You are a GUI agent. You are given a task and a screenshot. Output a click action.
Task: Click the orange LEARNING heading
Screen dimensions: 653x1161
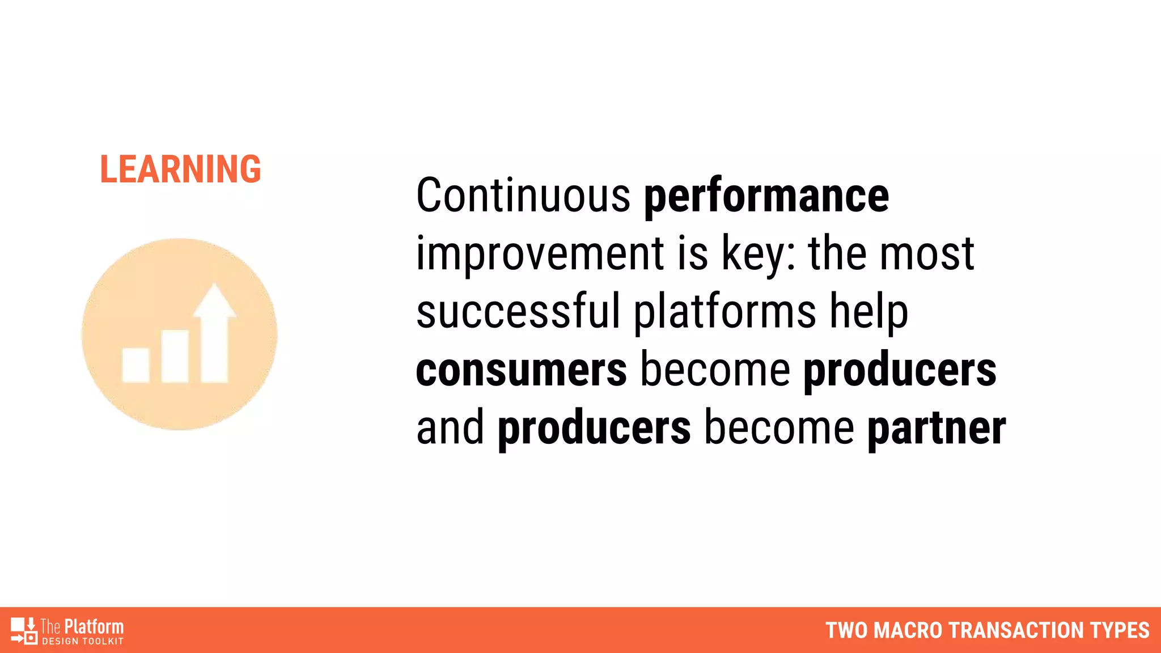tap(180, 169)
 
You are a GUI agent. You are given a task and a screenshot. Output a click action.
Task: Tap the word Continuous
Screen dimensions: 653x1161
tap(523, 196)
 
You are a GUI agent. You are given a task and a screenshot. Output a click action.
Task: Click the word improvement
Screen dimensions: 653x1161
tap(540, 255)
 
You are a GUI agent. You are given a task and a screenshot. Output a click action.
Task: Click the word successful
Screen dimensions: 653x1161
tap(518, 311)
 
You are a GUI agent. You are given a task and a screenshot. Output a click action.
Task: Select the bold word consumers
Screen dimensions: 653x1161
tap(522, 370)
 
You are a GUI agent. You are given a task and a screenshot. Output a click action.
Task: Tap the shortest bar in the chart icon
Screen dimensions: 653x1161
tap(136, 365)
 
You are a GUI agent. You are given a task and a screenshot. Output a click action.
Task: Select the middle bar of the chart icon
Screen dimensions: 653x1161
tap(175, 356)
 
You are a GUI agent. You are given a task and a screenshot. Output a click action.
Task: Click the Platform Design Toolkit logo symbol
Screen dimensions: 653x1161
tap(24, 630)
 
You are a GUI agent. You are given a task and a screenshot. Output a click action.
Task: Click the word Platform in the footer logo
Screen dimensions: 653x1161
tap(94, 626)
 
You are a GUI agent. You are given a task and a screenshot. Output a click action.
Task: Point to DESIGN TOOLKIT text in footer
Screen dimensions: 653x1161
tap(83, 642)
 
